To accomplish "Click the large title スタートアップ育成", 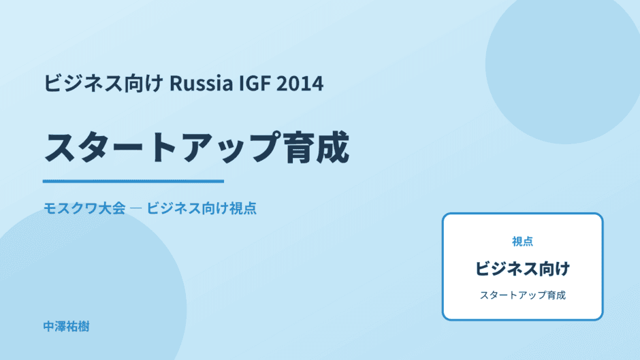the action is (196, 148).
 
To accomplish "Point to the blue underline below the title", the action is (133, 181).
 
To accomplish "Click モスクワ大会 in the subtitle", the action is (84, 208).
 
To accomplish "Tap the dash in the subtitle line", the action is (135, 208).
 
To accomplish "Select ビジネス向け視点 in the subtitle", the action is (202, 208).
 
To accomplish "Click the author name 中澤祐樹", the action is (66, 327).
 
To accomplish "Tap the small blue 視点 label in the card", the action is (522, 241).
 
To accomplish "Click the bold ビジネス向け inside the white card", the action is (522, 269).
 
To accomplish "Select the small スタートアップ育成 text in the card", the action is (522, 295).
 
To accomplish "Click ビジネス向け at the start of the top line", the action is (103, 83).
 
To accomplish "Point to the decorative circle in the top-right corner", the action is (565, 65).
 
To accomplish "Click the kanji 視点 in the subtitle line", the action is (243, 208).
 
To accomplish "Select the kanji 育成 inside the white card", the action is (555, 295).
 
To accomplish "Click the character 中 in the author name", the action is (49, 327).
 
